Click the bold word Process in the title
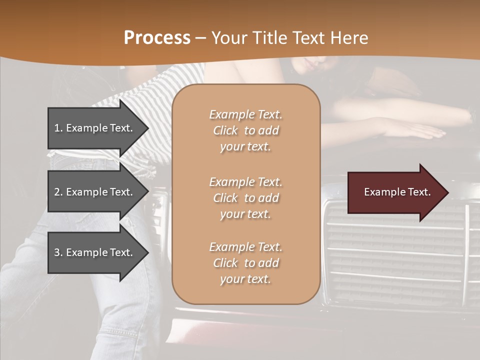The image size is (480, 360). click(x=157, y=38)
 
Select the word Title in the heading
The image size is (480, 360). click(x=270, y=38)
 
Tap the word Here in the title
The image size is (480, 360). click(x=350, y=38)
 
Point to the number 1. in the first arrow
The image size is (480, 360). click(x=58, y=128)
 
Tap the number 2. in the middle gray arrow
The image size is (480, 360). click(x=58, y=192)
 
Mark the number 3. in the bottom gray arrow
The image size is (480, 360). click(x=58, y=252)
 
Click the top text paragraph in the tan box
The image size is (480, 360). click(x=245, y=130)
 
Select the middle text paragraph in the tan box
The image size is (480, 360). click(x=245, y=198)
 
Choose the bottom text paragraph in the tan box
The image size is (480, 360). click(x=245, y=263)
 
